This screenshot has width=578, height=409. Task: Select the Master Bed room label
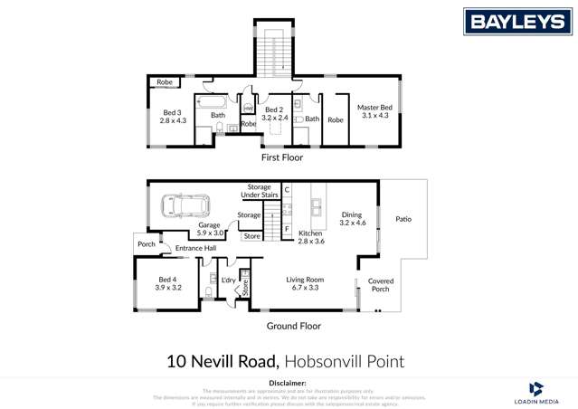coord(373,111)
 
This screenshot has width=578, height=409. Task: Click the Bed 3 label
coord(172,115)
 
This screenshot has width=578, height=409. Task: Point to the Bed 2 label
coord(274,114)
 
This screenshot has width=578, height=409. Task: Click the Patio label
coord(403,218)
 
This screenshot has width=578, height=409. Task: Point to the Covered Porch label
coord(380,286)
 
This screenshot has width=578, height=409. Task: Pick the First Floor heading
coord(281,157)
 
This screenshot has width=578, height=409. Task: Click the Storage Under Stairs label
coord(259,192)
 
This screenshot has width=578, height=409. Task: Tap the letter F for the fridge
coord(286,230)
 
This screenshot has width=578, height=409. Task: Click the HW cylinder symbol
coord(248,109)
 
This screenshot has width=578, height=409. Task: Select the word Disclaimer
coord(289,384)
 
